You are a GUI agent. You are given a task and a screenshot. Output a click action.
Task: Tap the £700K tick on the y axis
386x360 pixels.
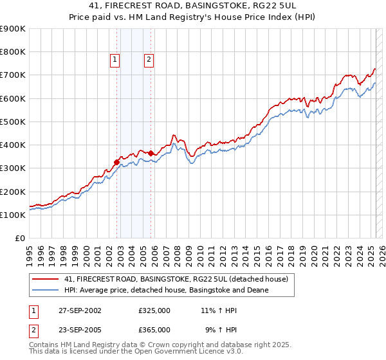13,75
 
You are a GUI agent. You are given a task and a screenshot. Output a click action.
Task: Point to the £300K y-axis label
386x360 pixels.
13,168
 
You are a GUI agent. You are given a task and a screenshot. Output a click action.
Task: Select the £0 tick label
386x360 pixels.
21,238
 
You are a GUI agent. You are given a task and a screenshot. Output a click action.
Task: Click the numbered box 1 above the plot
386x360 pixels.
115,60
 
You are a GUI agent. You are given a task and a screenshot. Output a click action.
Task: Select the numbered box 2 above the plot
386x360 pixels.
149,60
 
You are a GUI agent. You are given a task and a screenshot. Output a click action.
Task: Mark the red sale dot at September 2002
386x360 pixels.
117,162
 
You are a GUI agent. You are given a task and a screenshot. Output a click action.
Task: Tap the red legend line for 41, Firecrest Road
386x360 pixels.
46,278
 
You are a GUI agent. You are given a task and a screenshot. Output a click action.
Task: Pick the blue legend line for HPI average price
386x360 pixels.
46,290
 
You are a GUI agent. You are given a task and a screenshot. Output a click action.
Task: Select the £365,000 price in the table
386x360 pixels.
154,329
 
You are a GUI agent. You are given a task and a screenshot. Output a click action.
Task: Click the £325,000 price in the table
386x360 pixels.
154,310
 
